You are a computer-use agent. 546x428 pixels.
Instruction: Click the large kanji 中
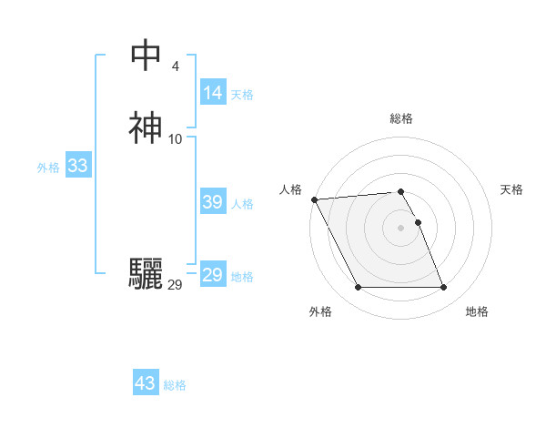pyautogui.click(x=146, y=56)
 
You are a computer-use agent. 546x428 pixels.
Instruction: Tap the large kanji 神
pyautogui.click(x=146, y=128)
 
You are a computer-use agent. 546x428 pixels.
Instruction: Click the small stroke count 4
pyautogui.click(x=175, y=66)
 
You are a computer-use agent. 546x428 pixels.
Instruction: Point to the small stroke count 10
pyautogui.click(x=175, y=138)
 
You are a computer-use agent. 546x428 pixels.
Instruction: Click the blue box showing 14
pyautogui.click(x=213, y=93)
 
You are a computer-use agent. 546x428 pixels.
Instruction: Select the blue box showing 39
pyautogui.click(x=213, y=202)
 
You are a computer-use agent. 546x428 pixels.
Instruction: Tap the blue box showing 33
pyautogui.click(x=77, y=166)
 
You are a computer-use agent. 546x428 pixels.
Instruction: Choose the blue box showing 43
pyautogui.click(x=146, y=383)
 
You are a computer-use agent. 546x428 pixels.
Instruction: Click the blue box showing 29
pyautogui.click(x=213, y=275)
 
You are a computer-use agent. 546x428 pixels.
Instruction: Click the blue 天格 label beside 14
pyautogui.click(x=242, y=95)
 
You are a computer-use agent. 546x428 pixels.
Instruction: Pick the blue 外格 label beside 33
pyautogui.click(x=48, y=168)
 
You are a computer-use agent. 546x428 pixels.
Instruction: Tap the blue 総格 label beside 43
pyautogui.click(x=175, y=385)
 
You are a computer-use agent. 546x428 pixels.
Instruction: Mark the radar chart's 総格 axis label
pyautogui.click(x=401, y=118)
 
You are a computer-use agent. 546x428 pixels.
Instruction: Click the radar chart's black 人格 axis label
pyautogui.click(x=291, y=189)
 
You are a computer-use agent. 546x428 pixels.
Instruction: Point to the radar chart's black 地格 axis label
pyautogui.click(x=477, y=311)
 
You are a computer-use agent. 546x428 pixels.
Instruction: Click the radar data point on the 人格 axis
pyautogui.click(x=314, y=199)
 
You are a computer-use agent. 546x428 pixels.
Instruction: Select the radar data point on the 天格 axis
pyautogui.click(x=419, y=221)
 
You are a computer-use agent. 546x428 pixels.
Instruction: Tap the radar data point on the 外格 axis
pyautogui.click(x=358, y=288)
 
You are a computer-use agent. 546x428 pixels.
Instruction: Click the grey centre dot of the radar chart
pyautogui.click(x=401, y=228)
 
